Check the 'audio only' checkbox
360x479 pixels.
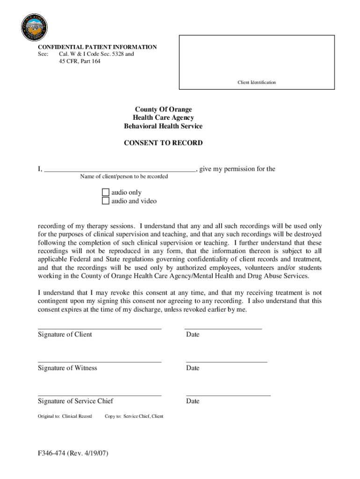[106, 192]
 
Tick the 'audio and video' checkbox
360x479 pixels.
[106, 201]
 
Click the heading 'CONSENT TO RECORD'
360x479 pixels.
[163, 143]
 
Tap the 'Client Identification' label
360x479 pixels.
[256, 82]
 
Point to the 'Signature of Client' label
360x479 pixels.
[65, 334]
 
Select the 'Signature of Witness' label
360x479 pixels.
[67, 368]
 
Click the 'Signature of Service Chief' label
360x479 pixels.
[75, 401]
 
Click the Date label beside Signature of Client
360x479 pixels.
[193, 334]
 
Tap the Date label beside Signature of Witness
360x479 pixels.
[193, 368]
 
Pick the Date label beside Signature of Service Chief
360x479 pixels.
[193, 401]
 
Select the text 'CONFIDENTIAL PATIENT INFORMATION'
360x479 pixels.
[97, 47]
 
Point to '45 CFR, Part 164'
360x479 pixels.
[79, 61]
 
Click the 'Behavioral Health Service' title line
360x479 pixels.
[163, 126]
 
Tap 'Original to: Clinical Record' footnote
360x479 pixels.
[65, 416]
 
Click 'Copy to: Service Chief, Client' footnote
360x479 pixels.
[134, 416]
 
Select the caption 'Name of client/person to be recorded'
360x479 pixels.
[124, 176]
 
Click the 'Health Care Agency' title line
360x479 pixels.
[163, 118]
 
